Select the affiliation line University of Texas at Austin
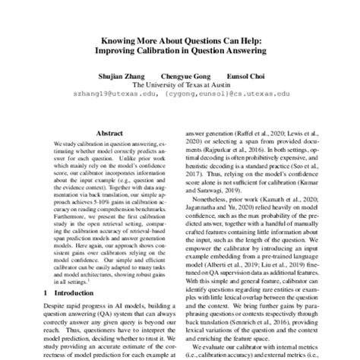(x=185, y=85)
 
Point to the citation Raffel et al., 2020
(x=257, y=131)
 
